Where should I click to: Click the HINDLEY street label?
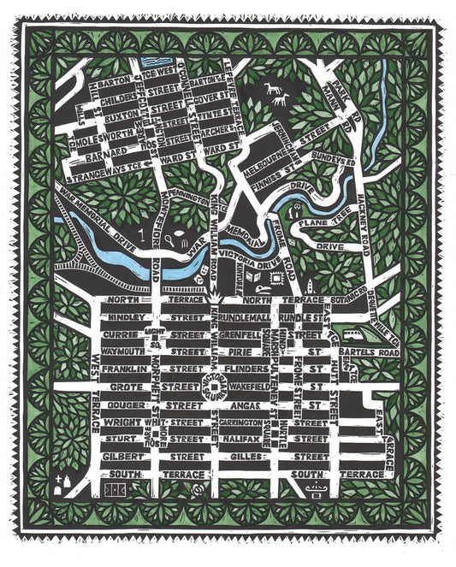(122, 316)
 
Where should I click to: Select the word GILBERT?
(122, 457)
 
